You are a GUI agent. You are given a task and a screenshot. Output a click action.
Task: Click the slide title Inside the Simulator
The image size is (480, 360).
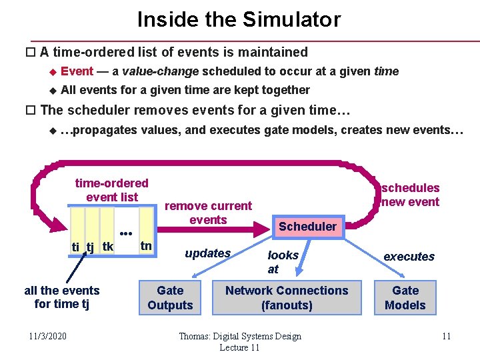239,19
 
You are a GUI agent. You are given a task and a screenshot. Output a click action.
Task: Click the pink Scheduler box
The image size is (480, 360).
307,227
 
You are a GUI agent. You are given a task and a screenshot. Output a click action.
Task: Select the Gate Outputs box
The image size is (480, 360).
170,298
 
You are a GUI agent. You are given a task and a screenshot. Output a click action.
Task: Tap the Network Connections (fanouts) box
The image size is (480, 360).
287,298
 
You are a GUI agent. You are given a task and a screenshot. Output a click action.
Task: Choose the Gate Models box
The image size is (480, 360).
405,298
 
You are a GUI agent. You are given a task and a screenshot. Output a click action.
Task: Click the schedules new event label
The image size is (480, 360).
410,195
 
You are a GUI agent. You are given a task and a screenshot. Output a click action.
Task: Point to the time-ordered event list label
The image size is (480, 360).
112,190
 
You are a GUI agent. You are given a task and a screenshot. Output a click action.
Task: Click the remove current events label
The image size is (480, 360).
208,213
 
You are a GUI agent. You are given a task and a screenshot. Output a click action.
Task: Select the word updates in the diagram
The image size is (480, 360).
208,253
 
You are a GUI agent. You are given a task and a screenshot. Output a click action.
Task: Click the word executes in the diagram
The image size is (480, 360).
409,257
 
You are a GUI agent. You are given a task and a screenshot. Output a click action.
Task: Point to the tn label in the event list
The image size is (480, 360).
146,245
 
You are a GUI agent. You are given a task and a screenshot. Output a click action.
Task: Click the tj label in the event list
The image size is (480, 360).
90,248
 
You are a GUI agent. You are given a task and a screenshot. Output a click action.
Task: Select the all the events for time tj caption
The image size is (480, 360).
61,297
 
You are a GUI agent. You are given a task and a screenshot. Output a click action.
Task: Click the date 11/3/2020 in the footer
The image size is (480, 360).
48,336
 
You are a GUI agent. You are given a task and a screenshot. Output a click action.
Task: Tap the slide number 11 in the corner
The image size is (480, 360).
446,336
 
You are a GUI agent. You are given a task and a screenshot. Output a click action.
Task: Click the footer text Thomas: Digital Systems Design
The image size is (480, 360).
240,336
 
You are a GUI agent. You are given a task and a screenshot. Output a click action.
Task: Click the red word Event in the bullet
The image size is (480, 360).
77,71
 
